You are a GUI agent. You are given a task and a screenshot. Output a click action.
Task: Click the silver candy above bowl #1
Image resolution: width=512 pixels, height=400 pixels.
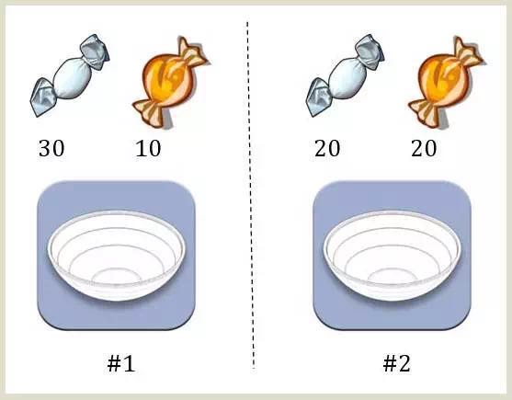tap(70, 75)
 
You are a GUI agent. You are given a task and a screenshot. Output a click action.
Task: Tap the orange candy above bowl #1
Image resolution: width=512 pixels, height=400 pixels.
tap(170, 82)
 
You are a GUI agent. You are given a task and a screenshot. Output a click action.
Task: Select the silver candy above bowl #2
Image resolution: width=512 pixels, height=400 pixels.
tap(346, 75)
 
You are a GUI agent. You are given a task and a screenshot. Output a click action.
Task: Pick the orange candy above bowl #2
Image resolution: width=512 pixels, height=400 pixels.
tap(446, 82)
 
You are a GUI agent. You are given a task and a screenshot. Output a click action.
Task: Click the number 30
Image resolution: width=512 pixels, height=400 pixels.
tap(51, 149)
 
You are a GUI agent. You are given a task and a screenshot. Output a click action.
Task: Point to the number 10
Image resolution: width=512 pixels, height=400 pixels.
tap(148, 149)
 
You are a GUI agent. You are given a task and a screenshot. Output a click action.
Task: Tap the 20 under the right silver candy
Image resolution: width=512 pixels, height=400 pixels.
tap(327, 149)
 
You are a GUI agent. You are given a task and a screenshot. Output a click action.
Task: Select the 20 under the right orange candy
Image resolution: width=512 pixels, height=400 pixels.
tap(424, 149)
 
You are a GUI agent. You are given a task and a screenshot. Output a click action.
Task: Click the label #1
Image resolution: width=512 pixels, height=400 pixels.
tap(121, 363)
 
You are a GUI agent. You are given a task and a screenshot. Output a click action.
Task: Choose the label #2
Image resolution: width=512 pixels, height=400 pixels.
tap(396, 363)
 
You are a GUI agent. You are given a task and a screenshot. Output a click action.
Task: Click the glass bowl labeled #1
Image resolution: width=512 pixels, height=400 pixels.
tap(117, 256)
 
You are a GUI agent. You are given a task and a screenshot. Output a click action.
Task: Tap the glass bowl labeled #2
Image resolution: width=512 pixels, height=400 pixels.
tap(392, 256)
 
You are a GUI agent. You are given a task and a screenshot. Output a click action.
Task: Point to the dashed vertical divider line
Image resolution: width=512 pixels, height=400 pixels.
tap(250, 195)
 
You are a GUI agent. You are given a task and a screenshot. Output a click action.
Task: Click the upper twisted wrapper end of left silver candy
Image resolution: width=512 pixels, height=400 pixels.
tap(95, 51)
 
